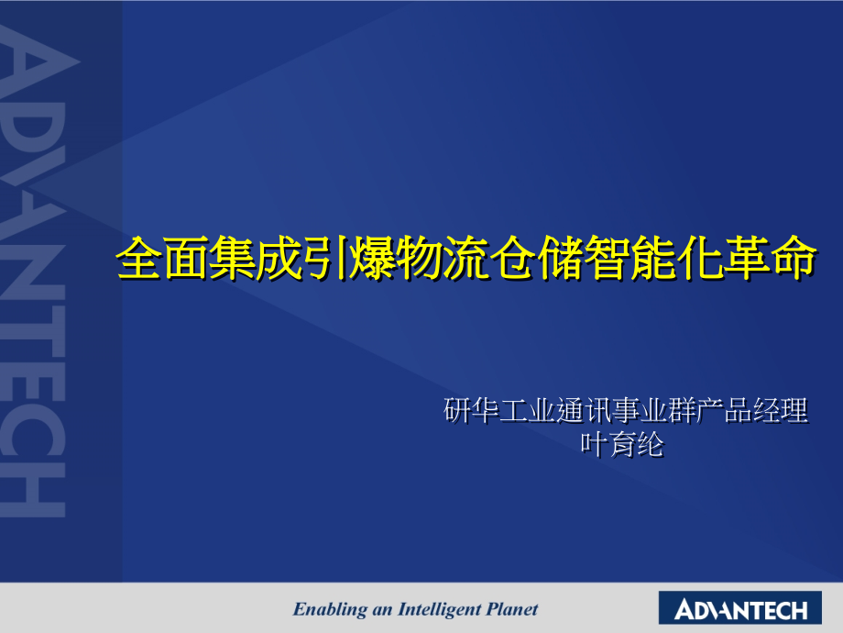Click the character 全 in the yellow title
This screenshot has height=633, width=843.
[x=140, y=260]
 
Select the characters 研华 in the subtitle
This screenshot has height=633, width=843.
[x=472, y=411]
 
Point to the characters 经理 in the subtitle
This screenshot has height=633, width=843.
[x=778, y=411]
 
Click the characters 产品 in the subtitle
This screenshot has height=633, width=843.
[x=722, y=411]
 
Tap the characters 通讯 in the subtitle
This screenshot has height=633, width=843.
[x=583, y=411]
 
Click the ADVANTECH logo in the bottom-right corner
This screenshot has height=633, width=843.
[x=740, y=609]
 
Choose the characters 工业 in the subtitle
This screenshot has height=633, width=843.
[x=527, y=411]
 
